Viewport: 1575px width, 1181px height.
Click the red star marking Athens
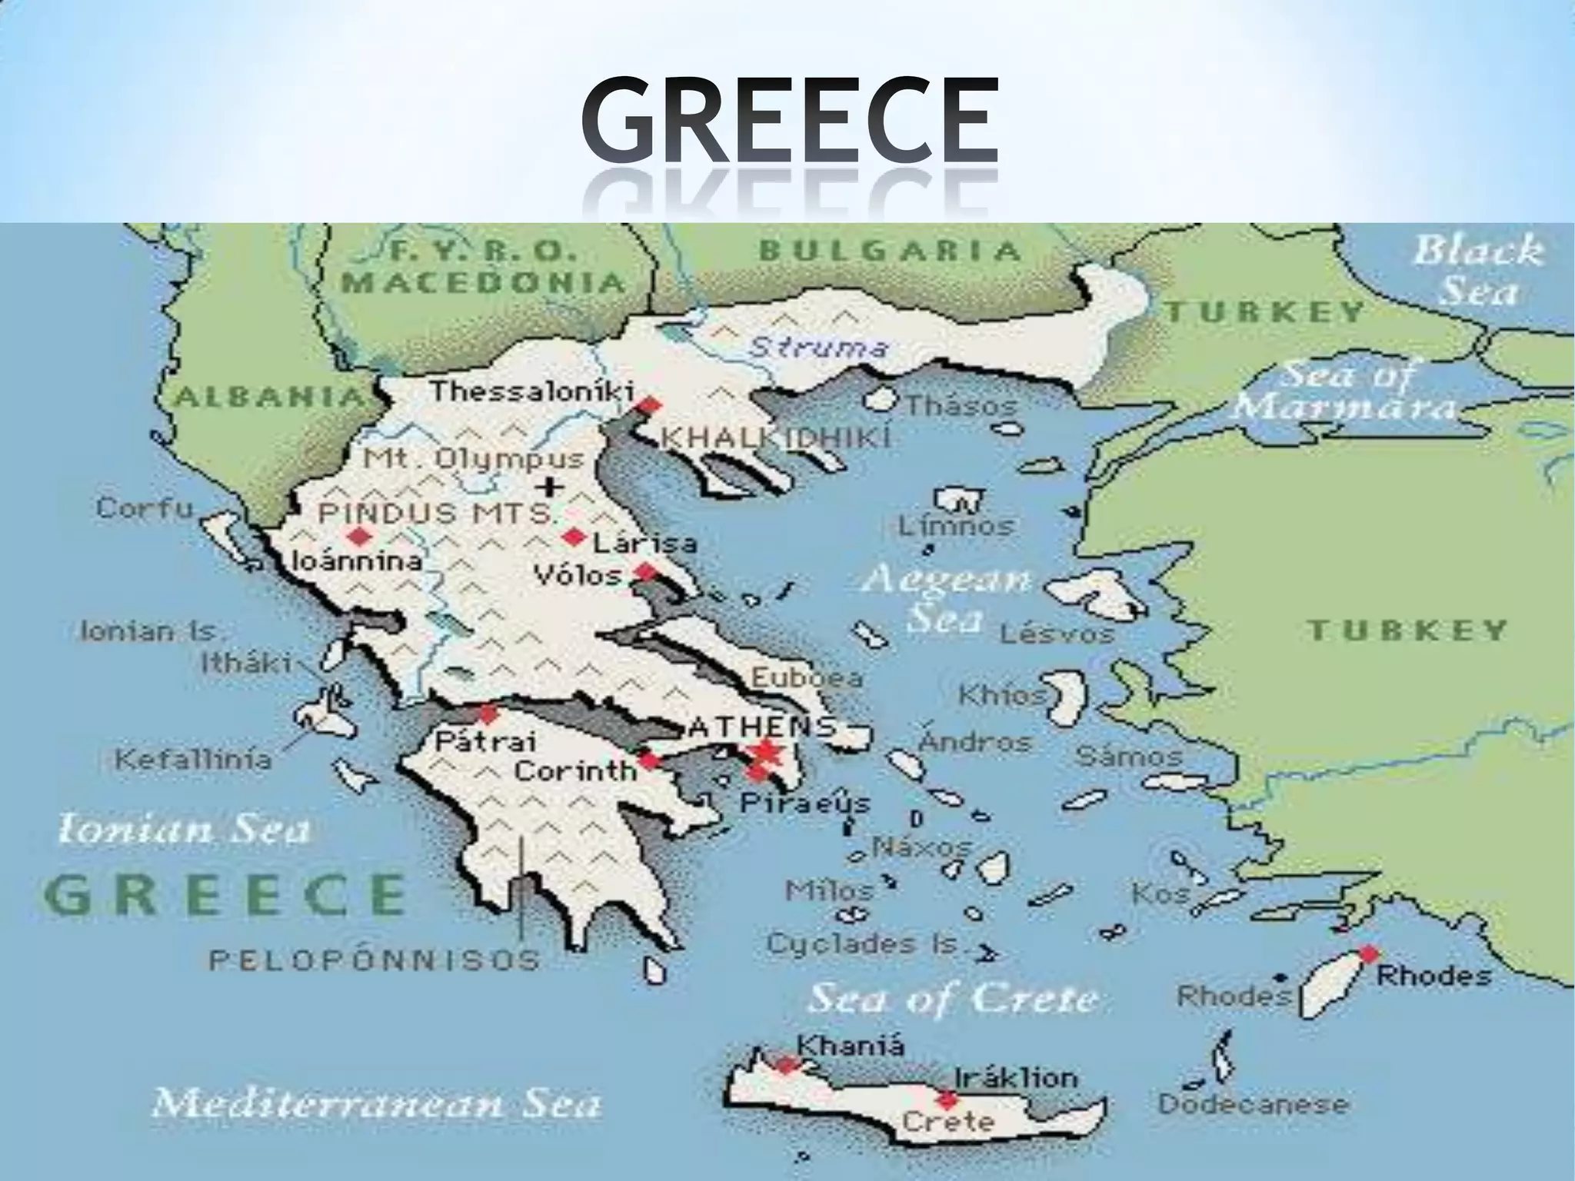click(766, 752)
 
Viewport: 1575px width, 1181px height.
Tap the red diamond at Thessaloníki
click(650, 405)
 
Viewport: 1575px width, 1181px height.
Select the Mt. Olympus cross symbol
click(549, 486)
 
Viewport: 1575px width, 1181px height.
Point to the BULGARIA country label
click(890, 251)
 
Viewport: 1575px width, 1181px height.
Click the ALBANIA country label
click(268, 397)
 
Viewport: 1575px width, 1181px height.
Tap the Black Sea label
click(1478, 271)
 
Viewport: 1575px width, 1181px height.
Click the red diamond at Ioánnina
click(356, 536)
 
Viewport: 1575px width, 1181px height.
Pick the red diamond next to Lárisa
click(572, 537)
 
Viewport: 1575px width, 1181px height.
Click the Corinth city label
click(574, 770)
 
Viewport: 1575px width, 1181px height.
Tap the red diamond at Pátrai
click(488, 715)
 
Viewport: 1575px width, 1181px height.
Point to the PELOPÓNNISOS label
click(375, 960)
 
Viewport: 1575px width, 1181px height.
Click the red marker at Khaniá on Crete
click(785, 1066)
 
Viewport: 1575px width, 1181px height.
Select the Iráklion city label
click(1016, 1077)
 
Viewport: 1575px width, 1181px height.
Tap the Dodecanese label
click(1253, 1105)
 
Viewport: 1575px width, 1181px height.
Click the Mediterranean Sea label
click(376, 1104)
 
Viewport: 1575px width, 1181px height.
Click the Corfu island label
click(145, 508)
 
